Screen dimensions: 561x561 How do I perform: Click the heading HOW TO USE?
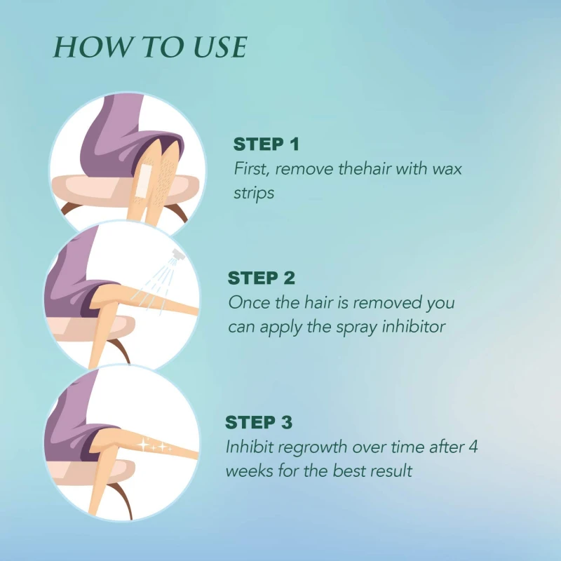150,47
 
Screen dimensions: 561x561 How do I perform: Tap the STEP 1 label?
266,144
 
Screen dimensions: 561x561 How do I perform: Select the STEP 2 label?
261,278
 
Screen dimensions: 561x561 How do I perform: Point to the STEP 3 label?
259,422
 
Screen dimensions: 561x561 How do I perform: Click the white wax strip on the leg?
142,180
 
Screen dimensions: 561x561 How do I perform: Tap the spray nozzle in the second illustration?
178,254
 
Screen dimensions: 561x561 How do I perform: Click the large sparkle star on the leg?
144,445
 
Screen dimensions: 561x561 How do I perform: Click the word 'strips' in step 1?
254,194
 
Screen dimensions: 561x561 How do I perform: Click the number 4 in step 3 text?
473,447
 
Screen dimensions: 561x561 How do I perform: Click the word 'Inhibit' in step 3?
250,447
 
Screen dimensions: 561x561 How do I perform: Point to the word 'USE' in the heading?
220,47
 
